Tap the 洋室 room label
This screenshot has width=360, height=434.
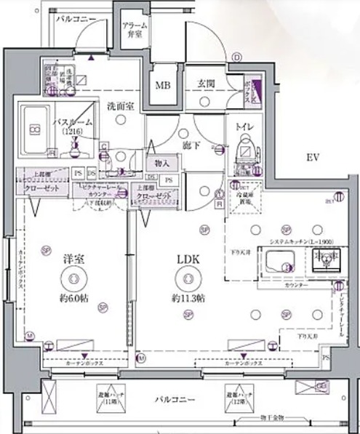pos(71,258)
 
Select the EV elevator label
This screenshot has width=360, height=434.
pos(313,158)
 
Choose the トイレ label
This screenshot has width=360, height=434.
pos(243,127)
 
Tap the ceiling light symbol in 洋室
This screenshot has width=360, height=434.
pos(71,276)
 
